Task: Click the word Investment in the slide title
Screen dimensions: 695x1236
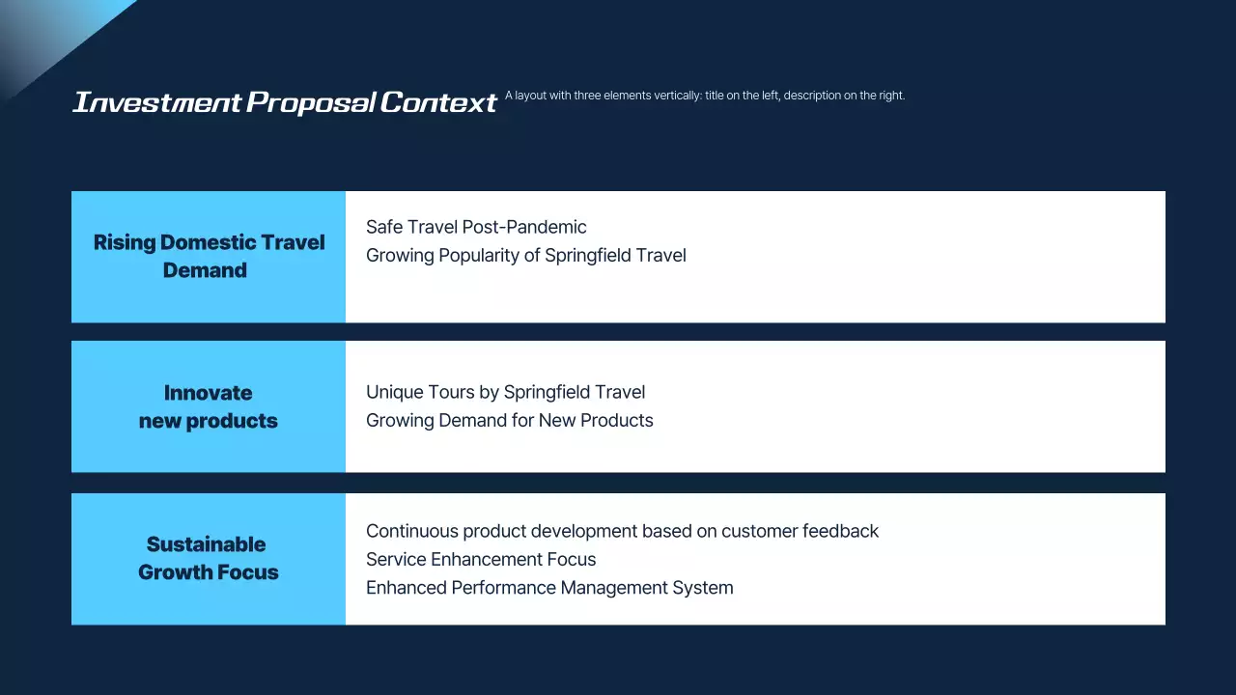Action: [156, 102]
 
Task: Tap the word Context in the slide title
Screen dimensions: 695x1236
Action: [438, 102]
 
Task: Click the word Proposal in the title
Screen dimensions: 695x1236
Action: [310, 102]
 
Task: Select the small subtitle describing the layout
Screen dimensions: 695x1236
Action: [704, 96]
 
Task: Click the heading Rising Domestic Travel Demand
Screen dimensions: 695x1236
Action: [209, 257]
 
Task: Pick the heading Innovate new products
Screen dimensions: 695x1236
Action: [208, 406]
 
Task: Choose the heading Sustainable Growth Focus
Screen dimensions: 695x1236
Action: [208, 558]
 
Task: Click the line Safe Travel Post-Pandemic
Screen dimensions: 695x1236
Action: [476, 228]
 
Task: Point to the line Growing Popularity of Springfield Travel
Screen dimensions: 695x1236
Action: [525, 256]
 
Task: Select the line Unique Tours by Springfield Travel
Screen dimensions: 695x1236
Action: [505, 392]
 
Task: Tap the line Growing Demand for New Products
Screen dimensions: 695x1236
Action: [509, 420]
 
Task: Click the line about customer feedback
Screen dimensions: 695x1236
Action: [622, 531]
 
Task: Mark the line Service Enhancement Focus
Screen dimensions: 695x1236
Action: [481, 559]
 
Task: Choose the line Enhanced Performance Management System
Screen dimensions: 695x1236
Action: [549, 587]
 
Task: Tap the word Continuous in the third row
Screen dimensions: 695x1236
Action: [411, 531]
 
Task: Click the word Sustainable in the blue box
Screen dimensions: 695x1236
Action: [206, 544]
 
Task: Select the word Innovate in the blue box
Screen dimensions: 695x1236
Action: [208, 393]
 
